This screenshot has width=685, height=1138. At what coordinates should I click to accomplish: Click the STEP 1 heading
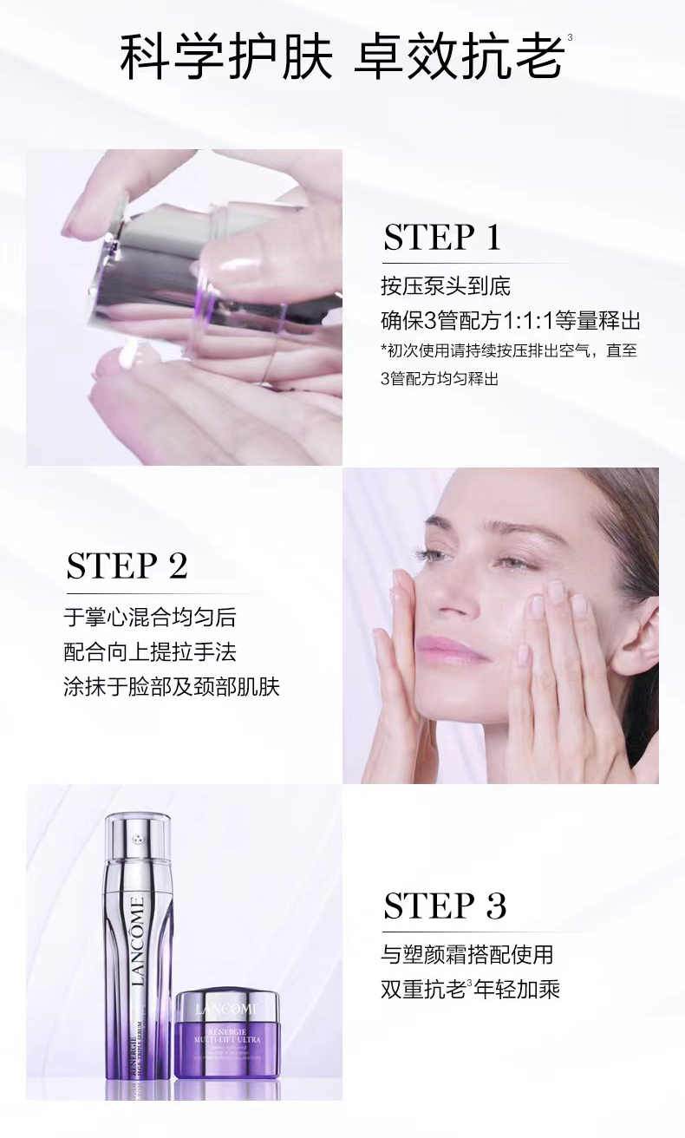[x=442, y=237]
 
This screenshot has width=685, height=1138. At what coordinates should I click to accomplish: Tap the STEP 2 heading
[x=127, y=566]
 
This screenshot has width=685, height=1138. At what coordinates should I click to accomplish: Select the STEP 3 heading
[x=444, y=906]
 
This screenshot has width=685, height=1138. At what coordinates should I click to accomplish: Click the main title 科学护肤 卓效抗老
[x=342, y=56]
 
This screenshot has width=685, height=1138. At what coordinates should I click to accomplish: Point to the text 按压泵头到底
[x=440, y=287]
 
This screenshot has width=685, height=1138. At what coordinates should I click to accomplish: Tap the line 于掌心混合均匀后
[x=149, y=618]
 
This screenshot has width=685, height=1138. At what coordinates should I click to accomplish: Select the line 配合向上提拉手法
[x=149, y=652]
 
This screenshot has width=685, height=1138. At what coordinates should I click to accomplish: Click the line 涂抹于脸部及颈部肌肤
[x=172, y=687]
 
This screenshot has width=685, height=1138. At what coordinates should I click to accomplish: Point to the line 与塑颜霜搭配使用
[x=466, y=955]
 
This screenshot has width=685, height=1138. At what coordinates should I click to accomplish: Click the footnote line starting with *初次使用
[x=513, y=350]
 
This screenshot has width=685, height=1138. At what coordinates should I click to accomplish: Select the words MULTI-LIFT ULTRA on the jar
[x=227, y=1038]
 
